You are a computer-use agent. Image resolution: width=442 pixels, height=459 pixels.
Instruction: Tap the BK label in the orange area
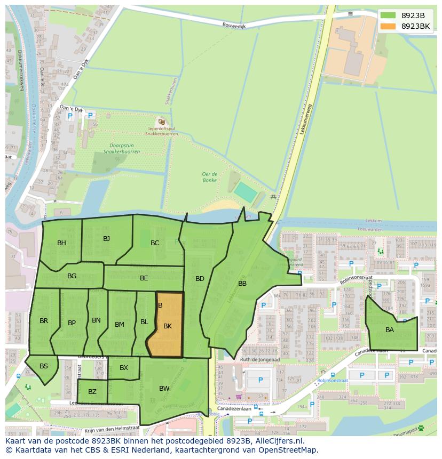point(168,326)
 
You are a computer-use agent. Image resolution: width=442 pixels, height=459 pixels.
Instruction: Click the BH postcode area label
point(62,243)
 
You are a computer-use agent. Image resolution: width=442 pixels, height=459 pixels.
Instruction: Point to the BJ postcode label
point(106,238)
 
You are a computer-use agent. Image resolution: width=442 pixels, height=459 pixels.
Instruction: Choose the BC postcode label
point(155,243)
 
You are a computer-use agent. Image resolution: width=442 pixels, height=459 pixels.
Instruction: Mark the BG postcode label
point(72,276)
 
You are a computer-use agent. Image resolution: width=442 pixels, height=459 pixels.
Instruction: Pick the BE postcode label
point(144,278)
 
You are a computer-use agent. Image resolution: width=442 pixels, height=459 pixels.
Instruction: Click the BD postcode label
point(200,279)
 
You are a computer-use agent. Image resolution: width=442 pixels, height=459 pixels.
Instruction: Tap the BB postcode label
point(242,284)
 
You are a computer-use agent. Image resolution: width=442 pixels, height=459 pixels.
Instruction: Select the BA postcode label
point(390,330)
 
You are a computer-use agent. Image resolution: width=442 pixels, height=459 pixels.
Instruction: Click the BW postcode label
point(164,389)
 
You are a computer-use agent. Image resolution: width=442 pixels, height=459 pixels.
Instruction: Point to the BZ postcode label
point(92,392)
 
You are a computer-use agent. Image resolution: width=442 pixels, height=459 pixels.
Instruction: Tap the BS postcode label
point(44,366)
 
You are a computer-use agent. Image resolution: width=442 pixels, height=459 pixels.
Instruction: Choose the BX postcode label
point(124,368)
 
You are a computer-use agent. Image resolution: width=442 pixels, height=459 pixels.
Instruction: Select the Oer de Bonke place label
point(209,177)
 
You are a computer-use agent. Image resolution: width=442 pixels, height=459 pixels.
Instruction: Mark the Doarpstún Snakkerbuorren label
point(122,148)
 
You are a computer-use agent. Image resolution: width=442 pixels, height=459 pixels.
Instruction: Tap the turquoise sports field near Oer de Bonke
point(244,192)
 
